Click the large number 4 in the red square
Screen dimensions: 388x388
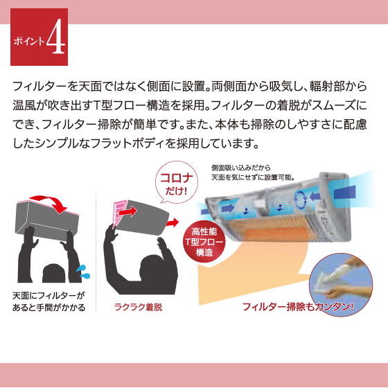click(56, 37)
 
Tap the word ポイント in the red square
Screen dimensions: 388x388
click(29, 41)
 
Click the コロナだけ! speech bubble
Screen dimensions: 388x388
click(177, 183)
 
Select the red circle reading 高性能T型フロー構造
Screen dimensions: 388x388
click(204, 242)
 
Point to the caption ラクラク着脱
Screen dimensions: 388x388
click(138, 307)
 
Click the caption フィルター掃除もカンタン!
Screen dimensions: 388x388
click(298, 307)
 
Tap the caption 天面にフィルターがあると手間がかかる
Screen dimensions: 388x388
click(48, 301)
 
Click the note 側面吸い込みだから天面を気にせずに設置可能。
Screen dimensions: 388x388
click(253, 173)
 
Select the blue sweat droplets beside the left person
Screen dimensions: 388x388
click(83, 272)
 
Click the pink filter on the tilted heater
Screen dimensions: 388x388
click(119, 213)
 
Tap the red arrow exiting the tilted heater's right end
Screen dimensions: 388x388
click(173, 222)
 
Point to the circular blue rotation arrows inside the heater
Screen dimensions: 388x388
click(300, 200)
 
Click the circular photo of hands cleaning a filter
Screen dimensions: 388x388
click(341, 285)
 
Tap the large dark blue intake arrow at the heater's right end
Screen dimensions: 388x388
click(345, 193)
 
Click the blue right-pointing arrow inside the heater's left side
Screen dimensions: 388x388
click(228, 208)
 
